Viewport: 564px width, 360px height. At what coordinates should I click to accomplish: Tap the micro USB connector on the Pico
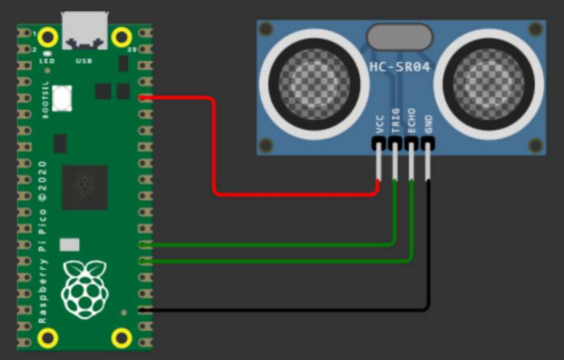click(x=85, y=31)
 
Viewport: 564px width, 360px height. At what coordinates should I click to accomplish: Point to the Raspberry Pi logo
click(x=84, y=288)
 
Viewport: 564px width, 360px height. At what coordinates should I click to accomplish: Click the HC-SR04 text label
click(x=400, y=67)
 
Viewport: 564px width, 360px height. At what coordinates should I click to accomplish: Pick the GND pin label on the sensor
click(x=428, y=123)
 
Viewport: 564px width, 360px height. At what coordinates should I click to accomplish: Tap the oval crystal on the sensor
click(x=400, y=37)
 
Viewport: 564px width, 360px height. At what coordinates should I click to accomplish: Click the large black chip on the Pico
click(x=85, y=188)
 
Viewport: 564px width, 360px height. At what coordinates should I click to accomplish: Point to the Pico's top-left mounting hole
click(x=48, y=36)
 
